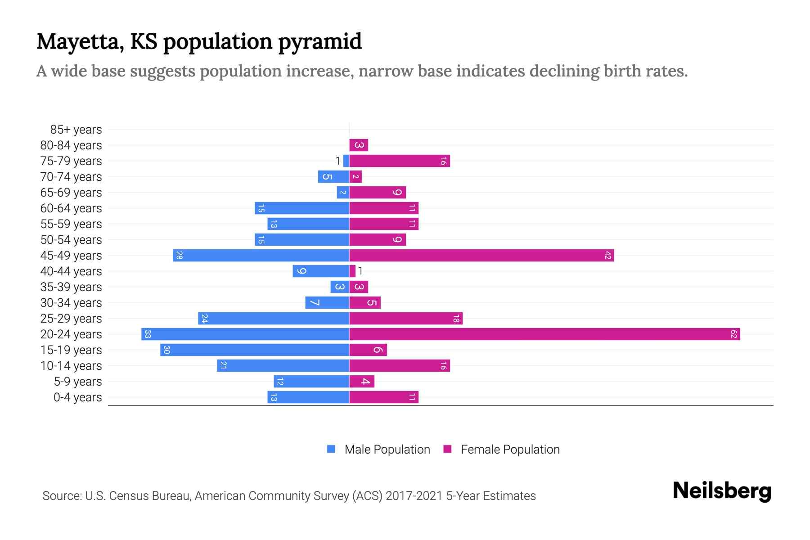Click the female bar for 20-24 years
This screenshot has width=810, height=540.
(544, 334)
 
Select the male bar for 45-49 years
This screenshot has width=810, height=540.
(261, 256)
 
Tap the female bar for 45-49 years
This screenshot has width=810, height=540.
(481, 256)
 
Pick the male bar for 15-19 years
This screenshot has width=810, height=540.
(255, 350)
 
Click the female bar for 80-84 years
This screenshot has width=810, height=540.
(359, 145)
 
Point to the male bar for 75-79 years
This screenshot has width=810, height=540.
(346, 161)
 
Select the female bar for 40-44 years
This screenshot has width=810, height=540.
(352, 271)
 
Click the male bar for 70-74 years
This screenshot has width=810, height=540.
(333, 177)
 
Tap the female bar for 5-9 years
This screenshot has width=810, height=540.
(362, 382)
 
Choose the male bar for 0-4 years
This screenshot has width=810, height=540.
(308, 397)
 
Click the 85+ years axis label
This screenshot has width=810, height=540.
(76, 130)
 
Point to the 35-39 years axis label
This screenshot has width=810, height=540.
(71, 287)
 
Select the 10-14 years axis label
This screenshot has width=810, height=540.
(71, 366)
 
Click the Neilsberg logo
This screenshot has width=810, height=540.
(722, 490)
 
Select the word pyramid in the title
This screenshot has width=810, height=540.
(319, 41)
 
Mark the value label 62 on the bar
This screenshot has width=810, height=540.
(733, 334)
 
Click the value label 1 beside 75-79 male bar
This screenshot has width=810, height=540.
(337, 161)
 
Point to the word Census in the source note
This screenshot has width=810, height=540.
(129, 496)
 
